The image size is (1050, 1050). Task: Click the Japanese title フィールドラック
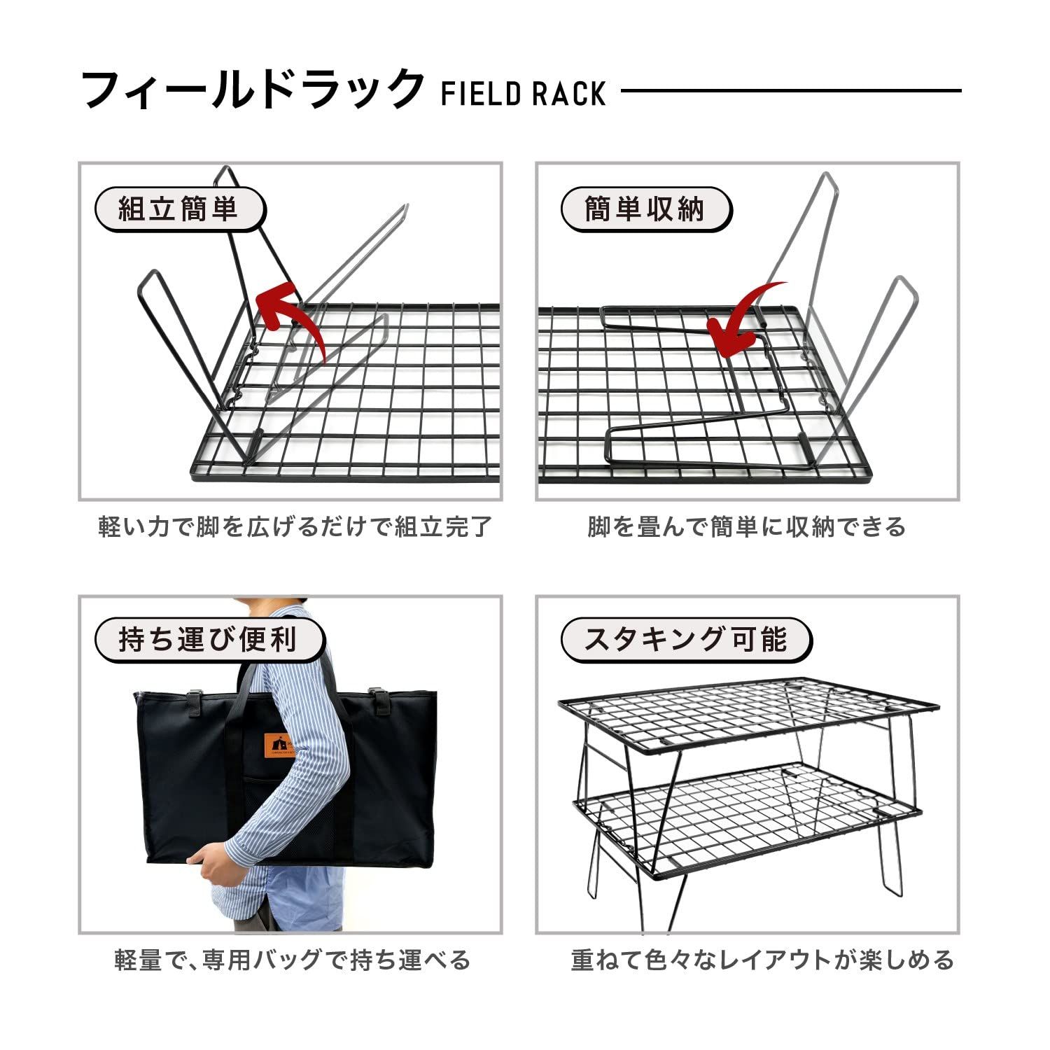[252, 90]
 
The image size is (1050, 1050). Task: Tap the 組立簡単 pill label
[179, 209]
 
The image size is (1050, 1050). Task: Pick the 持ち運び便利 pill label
[209, 639]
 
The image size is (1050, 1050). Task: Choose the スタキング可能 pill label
[686, 639]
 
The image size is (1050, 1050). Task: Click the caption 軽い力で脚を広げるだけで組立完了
[295, 526]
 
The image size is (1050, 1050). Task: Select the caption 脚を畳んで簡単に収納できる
[746, 526]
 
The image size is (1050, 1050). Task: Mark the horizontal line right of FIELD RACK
[791, 90]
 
